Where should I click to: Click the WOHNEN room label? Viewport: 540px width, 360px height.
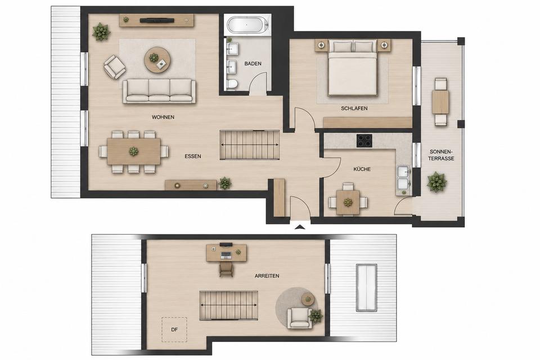[163, 117]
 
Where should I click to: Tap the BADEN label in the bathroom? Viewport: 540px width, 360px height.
[253, 64]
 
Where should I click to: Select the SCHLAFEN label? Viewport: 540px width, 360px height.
[354, 108]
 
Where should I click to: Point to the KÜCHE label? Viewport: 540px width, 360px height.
[362, 169]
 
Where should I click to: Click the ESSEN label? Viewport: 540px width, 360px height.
[193, 156]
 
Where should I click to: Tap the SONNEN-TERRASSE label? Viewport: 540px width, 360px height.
[442, 155]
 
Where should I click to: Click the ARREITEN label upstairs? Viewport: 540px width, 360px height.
[267, 276]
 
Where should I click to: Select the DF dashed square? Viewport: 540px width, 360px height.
[174, 330]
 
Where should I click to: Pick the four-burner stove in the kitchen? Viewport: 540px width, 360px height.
[364, 141]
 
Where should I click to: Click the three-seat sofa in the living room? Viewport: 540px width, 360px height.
[159, 91]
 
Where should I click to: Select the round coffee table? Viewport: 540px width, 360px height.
[157, 60]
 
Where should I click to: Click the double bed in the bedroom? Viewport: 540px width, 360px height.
[352, 68]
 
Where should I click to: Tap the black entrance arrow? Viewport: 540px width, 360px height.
[300, 227]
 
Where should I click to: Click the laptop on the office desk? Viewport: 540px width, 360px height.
[226, 255]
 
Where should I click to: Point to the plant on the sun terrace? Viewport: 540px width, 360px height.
[436, 182]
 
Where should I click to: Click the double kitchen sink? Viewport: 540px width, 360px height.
[403, 178]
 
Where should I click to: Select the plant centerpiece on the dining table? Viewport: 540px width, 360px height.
[133, 151]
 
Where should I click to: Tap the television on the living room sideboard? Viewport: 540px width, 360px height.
[156, 20]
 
